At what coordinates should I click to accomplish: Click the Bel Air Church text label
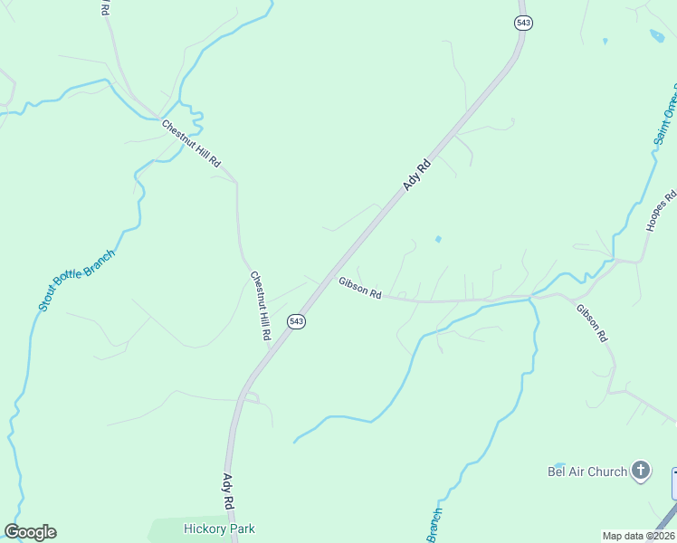point(587,472)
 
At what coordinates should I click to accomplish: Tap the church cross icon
point(641,470)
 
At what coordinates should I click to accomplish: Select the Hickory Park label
point(219,529)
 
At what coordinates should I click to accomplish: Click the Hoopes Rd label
point(662,211)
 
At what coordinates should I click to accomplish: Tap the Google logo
point(30,532)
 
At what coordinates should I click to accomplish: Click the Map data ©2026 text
point(638,536)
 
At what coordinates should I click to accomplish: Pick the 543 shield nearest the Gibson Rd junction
point(297,321)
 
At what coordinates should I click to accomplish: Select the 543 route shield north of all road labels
point(522,22)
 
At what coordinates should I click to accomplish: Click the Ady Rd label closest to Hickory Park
point(229,490)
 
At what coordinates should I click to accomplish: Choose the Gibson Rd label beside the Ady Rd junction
point(360,288)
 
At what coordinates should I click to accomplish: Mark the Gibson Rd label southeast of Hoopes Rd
point(592,322)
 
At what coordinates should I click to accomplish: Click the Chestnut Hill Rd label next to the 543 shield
point(261,305)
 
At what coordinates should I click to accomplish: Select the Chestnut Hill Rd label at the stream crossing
point(191,143)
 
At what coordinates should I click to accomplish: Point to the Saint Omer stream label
point(665,118)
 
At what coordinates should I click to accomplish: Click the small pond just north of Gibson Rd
point(438,240)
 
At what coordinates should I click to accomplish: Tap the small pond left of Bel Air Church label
point(558,464)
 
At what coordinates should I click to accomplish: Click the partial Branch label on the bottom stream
point(435,526)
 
